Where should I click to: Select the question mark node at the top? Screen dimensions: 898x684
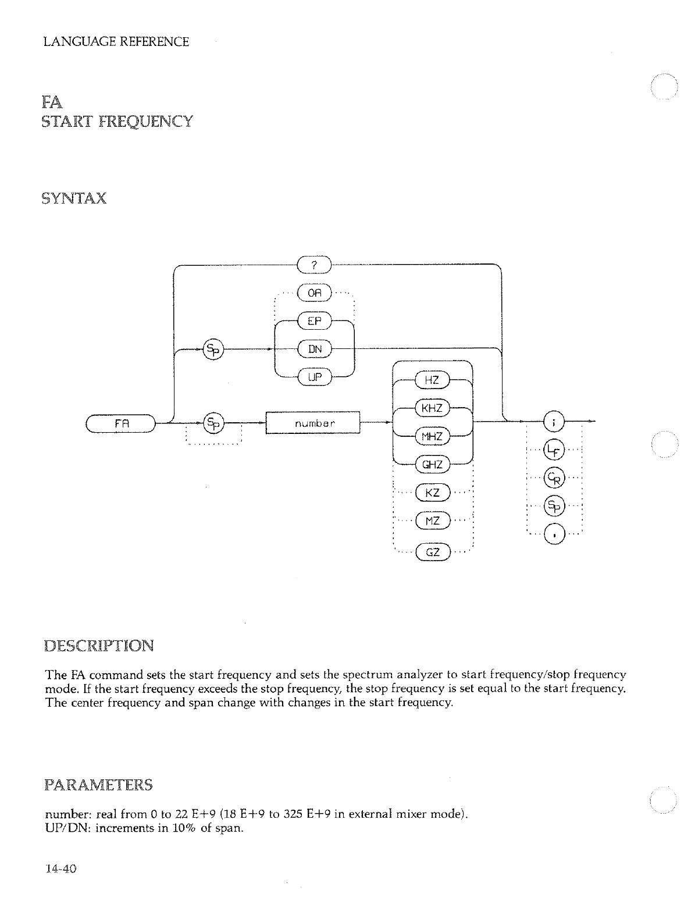[x=313, y=265]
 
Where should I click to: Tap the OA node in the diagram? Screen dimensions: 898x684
[x=313, y=293]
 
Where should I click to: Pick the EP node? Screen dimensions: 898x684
[x=313, y=320]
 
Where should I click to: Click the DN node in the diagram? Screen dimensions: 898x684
[x=314, y=348]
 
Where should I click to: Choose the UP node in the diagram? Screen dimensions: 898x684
[x=314, y=376]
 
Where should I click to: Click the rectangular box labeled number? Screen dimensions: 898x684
[x=313, y=423]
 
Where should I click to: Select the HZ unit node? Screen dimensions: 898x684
[x=432, y=380]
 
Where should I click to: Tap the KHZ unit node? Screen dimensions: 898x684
[x=432, y=408]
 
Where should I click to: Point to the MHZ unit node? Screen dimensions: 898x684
[x=432, y=436]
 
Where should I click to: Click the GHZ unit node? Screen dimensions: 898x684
[x=432, y=464]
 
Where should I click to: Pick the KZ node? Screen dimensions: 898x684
[x=432, y=493]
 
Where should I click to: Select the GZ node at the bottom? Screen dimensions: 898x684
[x=432, y=551]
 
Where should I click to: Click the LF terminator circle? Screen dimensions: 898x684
[x=553, y=450]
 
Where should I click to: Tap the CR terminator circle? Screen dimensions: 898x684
[x=553, y=478]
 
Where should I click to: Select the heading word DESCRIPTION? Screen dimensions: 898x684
[x=99, y=646]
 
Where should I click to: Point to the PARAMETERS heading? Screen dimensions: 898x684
[x=98, y=785]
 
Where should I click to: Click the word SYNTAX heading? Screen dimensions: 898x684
[x=74, y=198]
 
